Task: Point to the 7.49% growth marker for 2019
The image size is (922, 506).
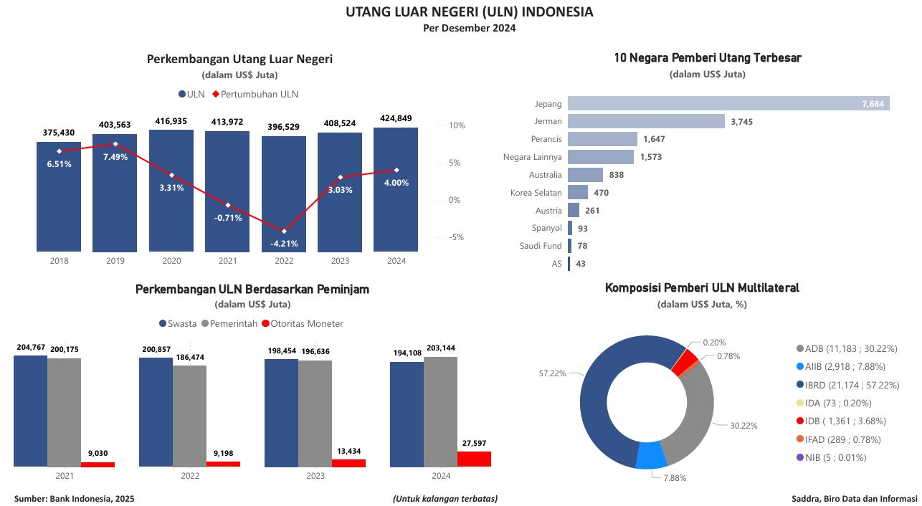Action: coord(115,144)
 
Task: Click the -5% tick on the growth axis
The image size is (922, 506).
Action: coord(456,237)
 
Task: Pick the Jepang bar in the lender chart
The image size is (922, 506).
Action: coord(728,103)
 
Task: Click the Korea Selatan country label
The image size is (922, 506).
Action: coord(536,193)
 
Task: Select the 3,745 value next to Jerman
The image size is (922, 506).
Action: coord(741,121)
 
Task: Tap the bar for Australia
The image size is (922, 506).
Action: coord(585,175)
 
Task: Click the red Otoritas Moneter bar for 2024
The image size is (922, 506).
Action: coord(474,459)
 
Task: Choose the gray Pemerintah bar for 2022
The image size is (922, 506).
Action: coord(189,416)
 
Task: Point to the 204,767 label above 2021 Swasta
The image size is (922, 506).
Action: coord(31,348)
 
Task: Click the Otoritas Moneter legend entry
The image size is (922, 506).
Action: coord(302,323)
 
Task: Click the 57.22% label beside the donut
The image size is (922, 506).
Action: coord(553,373)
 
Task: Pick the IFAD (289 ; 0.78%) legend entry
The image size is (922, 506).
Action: coord(838,439)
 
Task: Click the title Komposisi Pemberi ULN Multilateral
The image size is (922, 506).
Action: coord(702,288)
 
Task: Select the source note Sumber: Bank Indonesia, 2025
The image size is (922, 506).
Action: coord(74,498)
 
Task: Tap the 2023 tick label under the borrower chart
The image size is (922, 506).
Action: coord(315,476)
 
